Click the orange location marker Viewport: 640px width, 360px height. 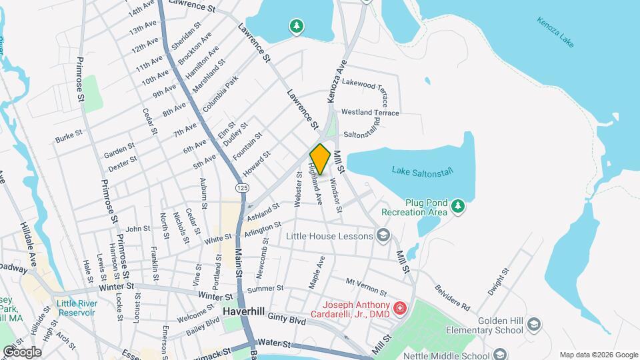tap(320, 159)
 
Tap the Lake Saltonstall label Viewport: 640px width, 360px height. tap(423, 171)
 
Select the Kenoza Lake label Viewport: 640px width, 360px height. tap(555, 31)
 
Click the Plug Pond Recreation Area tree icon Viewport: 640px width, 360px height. tap(458, 206)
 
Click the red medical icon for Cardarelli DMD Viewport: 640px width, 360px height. tap(399, 308)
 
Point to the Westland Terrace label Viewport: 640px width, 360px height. tap(370, 113)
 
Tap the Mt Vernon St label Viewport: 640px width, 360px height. tap(366, 287)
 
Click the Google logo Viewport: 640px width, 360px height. tap(22, 351)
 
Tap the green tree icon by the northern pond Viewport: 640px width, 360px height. tap(296, 27)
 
